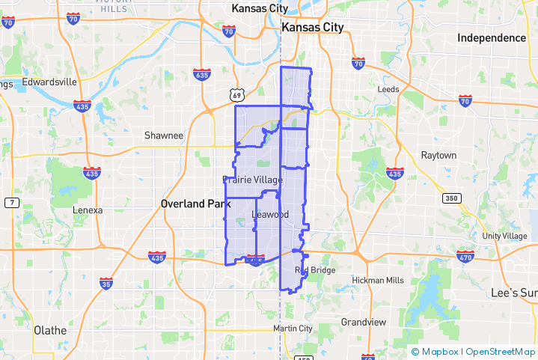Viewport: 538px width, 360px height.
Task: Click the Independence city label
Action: point(492,38)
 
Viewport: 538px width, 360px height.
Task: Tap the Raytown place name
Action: point(438,156)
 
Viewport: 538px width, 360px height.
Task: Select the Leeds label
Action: point(388,89)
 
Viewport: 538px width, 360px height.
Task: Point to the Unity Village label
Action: point(504,237)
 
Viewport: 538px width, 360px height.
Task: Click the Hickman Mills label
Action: point(378,281)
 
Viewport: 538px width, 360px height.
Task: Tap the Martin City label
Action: point(293,329)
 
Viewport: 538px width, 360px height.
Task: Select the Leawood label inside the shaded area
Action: point(270,215)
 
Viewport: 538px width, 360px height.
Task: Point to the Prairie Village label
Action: point(253,180)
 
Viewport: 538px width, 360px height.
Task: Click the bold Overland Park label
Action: point(196,204)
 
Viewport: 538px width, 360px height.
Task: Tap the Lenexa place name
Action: point(88,210)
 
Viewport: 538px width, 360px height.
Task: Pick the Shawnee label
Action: point(164,135)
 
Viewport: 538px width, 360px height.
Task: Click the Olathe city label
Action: point(50,330)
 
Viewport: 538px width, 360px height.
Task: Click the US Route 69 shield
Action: point(236,95)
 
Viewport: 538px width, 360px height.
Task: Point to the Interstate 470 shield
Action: point(465,257)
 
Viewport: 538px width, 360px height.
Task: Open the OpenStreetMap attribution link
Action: point(501,351)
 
